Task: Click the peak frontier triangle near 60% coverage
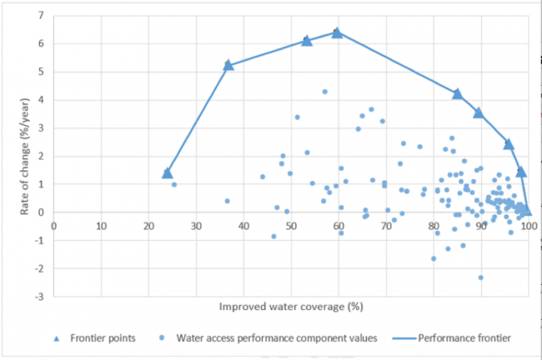337,32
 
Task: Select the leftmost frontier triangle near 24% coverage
167,173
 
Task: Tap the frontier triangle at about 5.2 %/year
228,64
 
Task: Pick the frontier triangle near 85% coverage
457,93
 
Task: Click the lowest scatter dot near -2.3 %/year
481,277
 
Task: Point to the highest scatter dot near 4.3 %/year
324,92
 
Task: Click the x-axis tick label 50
291,225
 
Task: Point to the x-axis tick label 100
528,225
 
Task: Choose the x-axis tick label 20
148,225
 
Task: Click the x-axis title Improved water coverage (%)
291,306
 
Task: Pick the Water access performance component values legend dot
160,337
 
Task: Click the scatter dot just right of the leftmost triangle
174,184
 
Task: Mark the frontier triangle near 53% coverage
306,41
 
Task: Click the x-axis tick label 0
53,225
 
